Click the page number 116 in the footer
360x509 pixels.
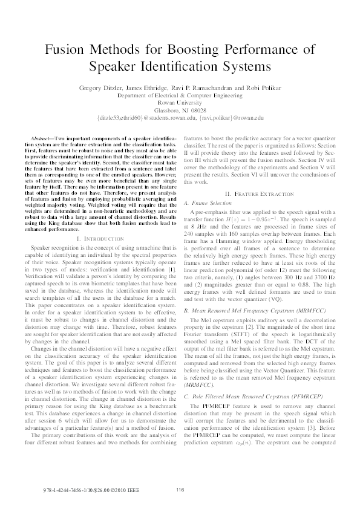point(180,490)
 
